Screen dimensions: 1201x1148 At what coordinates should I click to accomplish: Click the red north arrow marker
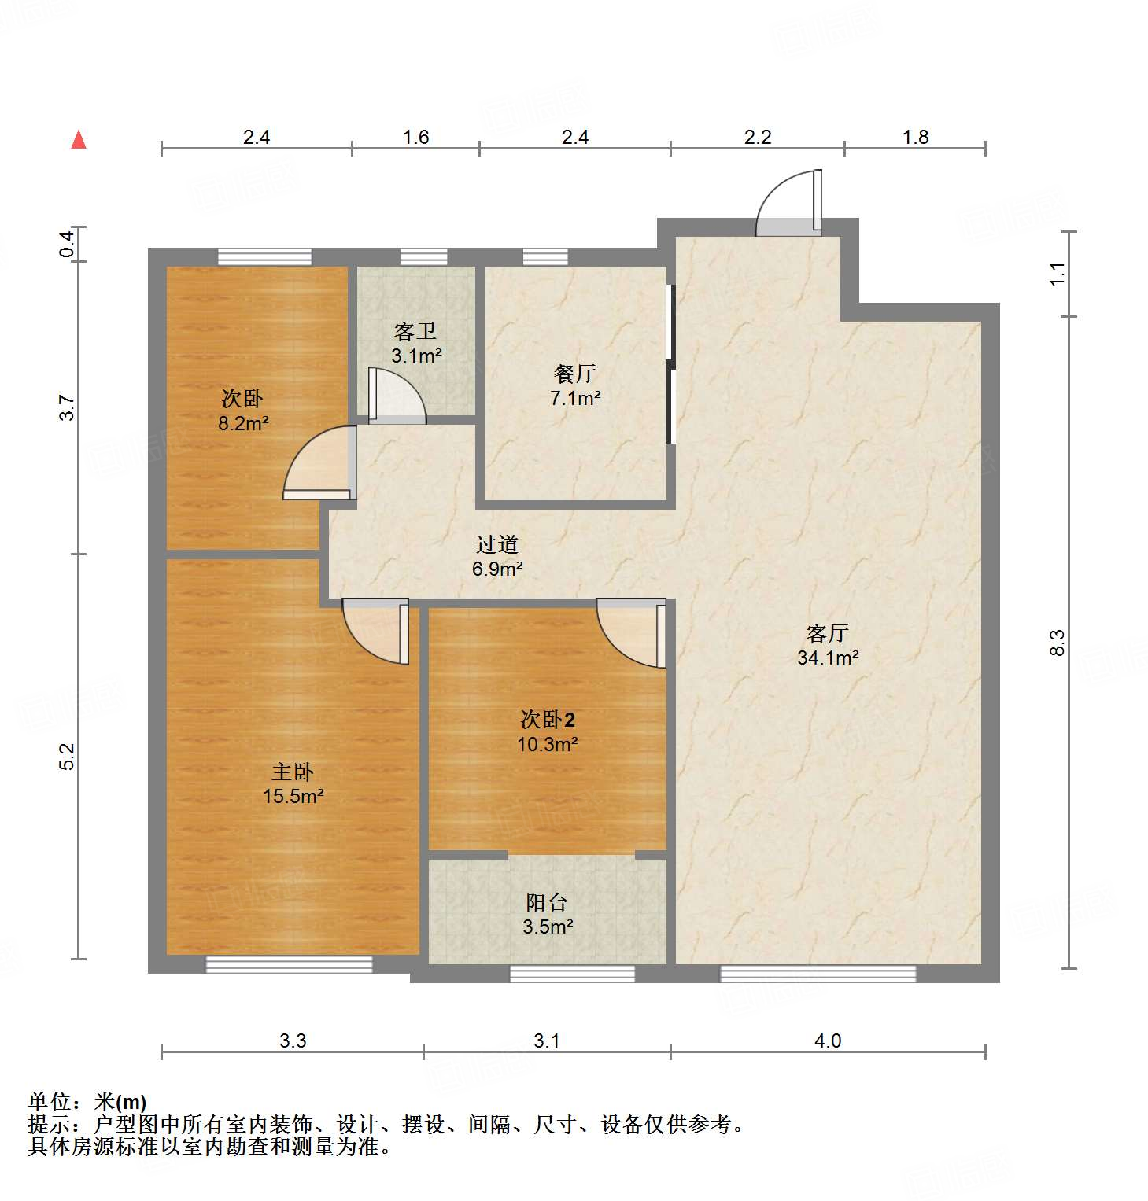[x=79, y=140]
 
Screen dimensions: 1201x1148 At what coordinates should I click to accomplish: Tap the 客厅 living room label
[x=827, y=632]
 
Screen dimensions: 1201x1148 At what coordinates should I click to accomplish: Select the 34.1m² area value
[x=827, y=658]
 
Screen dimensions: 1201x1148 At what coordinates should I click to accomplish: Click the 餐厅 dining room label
[x=575, y=373]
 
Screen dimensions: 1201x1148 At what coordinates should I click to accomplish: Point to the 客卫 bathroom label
[x=415, y=331]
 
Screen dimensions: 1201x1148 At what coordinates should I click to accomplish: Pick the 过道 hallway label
[x=497, y=543]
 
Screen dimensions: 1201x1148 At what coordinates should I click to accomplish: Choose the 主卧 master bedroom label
[x=293, y=772]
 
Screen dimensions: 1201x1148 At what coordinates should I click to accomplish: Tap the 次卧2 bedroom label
[x=548, y=719]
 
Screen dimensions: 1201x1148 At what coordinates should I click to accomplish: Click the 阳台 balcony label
[x=547, y=902]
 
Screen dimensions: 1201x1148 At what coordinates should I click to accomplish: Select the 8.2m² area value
[x=243, y=424]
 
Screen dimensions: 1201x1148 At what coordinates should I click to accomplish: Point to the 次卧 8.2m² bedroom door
[x=319, y=464]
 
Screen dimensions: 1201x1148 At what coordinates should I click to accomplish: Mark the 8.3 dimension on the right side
[x=1058, y=642]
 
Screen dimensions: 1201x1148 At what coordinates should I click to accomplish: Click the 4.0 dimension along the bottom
[x=828, y=1041]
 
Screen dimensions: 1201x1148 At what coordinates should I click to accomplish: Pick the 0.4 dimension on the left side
[x=68, y=244]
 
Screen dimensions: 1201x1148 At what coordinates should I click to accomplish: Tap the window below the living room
[x=818, y=974]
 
